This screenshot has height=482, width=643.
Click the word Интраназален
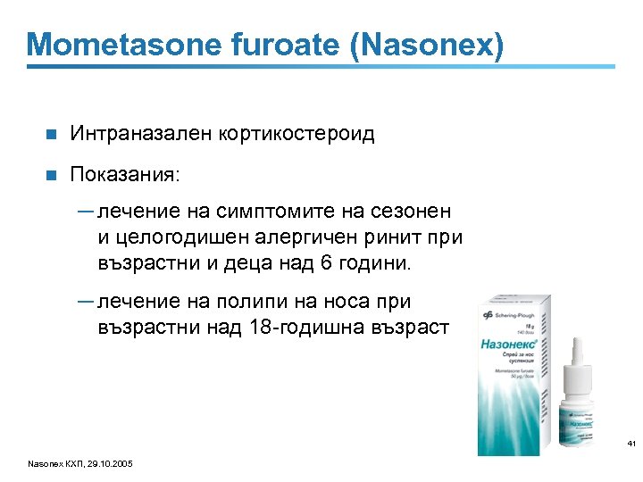pyautogui.click(x=140, y=134)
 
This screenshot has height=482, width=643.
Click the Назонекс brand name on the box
pyautogui.click(x=510, y=342)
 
